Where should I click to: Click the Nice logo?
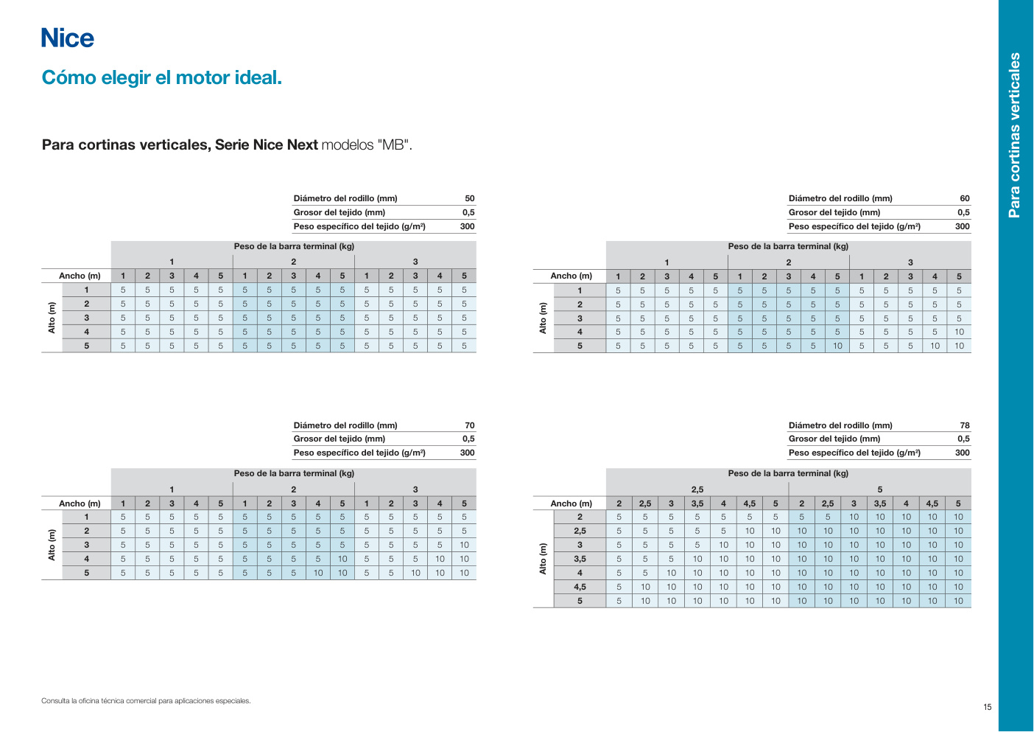tap(68, 38)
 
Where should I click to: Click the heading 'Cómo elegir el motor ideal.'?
tap(161, 77)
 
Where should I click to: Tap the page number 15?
tap(987, 707)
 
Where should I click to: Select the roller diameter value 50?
tap(469, 198)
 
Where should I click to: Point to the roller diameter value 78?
tap(964, 425)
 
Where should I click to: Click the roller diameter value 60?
tap(964, 198)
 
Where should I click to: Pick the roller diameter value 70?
tap(469, 425)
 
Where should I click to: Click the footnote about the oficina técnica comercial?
tap(146, 700)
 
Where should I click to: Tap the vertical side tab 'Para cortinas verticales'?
tap(1014, 135)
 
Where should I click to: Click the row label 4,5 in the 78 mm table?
tap(580, 587)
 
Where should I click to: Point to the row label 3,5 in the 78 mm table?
tap(580, 559)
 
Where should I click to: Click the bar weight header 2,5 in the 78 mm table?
tap(697, 489)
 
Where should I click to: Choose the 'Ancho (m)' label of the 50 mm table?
tap(80, 276)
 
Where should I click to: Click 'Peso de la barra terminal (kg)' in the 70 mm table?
tap(294, 473)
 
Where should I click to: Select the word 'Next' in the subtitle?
tap(302, 144)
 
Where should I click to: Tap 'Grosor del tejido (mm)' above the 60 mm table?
tap(834, 212)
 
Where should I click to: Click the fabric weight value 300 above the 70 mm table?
tap(467, 453)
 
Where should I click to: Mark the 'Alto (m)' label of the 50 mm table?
tap(52, 318)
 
